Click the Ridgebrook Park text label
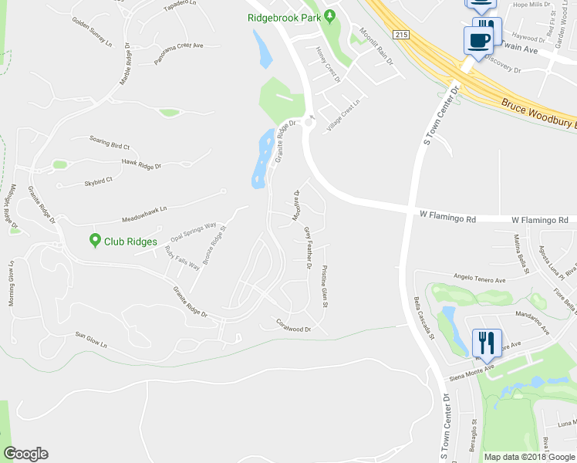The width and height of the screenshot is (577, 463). (x=284, y=16)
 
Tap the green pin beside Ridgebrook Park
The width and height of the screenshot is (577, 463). (x=330, y=15)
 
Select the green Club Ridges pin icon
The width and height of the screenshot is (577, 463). (x=95, y=241)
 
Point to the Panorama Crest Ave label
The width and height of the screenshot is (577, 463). (x=178, y=56)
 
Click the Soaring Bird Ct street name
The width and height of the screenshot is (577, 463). (x=110, y=144)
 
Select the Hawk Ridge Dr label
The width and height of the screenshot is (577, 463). (x=141, y=164)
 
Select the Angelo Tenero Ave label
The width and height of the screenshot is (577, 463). (x=478, y=279)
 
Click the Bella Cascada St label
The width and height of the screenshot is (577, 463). (x=424, y=316)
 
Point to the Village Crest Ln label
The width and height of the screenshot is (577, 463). (x=344, y=116)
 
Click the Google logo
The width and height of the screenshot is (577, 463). (x=25, y=454)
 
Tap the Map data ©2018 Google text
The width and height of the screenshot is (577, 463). (x=529, y=457)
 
